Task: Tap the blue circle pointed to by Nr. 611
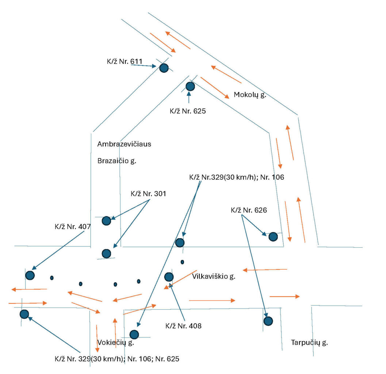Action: point(164,68)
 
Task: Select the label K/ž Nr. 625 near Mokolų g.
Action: point(188,111)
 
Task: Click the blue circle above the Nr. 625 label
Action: point(190,87)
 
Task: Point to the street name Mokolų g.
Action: point(250,95)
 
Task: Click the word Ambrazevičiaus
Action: point(124,144)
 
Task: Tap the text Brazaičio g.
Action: point(116,161)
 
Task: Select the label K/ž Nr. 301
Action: point(148,194)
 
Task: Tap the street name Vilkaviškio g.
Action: point(214,276)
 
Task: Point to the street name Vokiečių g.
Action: point(116,343)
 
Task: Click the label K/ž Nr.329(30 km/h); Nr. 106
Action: point(236,178)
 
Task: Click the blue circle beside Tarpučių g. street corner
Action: point(268,321)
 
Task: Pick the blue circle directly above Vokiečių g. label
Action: point(134,334)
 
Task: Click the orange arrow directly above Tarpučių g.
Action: point(284,296)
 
